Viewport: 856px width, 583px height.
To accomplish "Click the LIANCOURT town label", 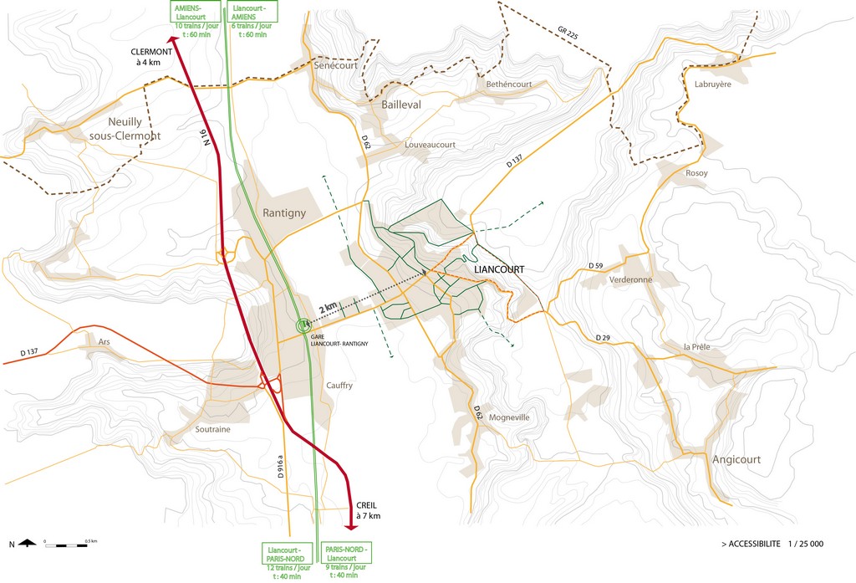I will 498,270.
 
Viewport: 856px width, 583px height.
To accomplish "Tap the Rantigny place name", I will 284,212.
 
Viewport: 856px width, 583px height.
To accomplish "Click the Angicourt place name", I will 736,459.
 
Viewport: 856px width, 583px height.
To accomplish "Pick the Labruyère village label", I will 712,84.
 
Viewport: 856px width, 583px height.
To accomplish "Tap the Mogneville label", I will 509,417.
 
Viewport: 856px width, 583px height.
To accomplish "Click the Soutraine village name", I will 212,429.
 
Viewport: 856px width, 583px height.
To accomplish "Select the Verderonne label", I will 630,280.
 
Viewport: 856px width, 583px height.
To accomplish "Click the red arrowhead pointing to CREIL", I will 352,525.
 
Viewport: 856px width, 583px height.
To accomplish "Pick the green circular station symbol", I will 303,326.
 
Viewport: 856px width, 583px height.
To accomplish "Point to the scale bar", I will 71,545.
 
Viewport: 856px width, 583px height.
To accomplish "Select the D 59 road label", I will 595,265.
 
